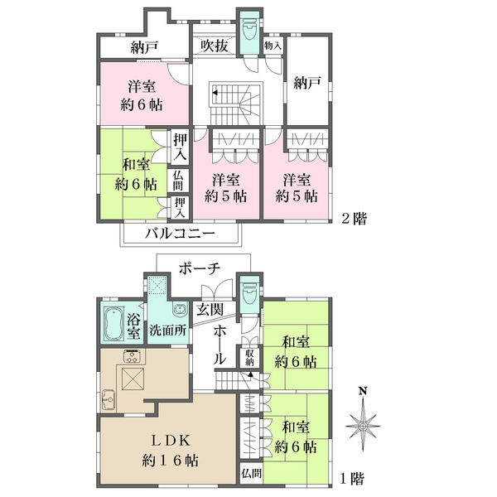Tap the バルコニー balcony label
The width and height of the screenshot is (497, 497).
[180, 234]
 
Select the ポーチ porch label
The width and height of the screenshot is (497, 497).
[200, 268]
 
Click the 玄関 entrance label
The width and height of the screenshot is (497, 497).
[210, 309]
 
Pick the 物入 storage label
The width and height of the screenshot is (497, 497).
[272, 46]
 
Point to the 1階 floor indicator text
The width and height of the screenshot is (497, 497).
[352, 478]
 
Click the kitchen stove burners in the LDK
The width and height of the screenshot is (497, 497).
[132, 357]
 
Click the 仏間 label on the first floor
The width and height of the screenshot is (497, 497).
[252, 473]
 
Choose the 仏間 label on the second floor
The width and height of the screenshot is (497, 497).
[178, 181]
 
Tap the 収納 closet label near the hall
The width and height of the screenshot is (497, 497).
[249, 357]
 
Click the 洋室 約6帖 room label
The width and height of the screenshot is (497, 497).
[140, 95]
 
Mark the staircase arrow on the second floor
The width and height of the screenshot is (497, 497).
[215, 94]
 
